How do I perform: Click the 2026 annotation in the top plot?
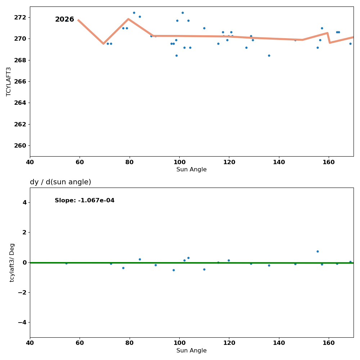(x=64, y=19)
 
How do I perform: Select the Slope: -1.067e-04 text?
(x=85, y=201)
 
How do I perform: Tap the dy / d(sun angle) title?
(x=60, y=182)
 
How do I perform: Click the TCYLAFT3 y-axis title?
(x=9, y=81)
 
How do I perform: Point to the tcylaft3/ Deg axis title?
(x=12, y=262)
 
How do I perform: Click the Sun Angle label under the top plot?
(x=192, y=170)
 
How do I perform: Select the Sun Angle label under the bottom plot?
(x=192, y=351)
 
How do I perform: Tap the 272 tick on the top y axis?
(x=20, y=17)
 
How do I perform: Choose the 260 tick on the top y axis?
(x=20, y=145)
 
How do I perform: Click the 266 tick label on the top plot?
(x=20, y=81)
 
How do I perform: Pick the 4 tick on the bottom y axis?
(x=24, y=202)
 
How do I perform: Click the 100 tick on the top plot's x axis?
(x=179, y=162)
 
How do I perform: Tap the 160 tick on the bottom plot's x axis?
(x=329, y=343)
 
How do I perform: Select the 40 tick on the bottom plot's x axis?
(x=30, y=343)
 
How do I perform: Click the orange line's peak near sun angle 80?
(x=128, y=19)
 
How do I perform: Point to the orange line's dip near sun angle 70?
(x=103, y=44)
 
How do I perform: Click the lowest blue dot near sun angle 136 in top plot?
(x=269, y=55)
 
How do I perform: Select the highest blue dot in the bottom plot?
(x=318, y=251)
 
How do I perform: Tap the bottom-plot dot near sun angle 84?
(x=140, y=259)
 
